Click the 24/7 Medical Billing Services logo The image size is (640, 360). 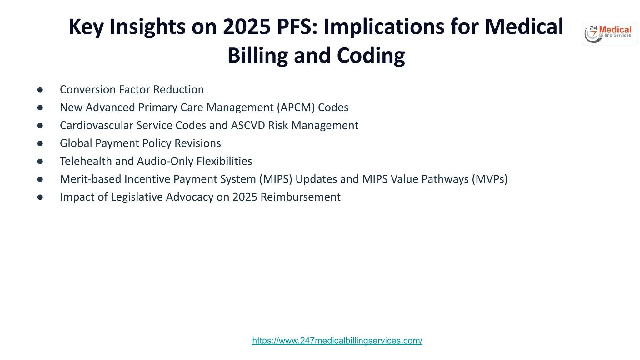pyautogui.click(x=609, y=34)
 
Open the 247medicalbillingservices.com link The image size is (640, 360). pyautogui.click(x=337, y=341)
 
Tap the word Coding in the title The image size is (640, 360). pyautogui.click(x=371, y=56)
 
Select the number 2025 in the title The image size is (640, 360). pyautogui.click(x=247, y=27)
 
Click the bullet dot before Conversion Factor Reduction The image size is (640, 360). pyautogui.click(x=40, y=90)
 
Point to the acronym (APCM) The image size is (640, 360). pyautogui.click(x=296, y=107)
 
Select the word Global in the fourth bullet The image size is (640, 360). pyautogui.click(x=76, y=143)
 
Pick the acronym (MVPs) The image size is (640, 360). pyautogui.click(x=490, y=179)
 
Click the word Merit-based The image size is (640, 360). pyautogui.click(x=90, y=179)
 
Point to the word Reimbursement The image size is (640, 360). pyautogui.click(x=300, y=197)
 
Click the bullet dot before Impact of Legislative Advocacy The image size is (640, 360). pyautogui.click(x=40, y=197)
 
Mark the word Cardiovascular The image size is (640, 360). pyautogui.click(x=97, y=125)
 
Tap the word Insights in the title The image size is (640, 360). pyautogui.click(x=147, y=27)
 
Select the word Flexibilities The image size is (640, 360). pyautogui.click(x=224, y=161)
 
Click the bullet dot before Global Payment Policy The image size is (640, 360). pyautogui.click(x=40, y=143)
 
